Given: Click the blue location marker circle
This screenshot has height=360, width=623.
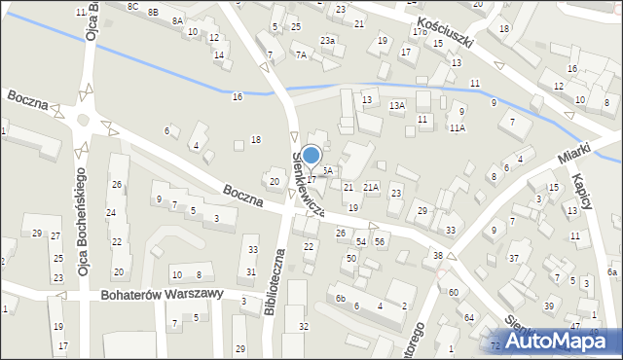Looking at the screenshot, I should [311, 155].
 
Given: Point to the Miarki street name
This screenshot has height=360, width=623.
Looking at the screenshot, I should [577, 154].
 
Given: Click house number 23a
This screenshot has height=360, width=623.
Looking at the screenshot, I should [329, 40].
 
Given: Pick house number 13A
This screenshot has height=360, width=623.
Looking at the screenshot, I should [396, 105].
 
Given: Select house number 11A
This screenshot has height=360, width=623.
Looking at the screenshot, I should [458, 127].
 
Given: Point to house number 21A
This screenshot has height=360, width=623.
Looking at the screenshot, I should [371, 187].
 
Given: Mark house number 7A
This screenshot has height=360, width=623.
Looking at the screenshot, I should [302, 55].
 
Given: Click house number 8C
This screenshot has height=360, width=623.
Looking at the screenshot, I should [132, 6].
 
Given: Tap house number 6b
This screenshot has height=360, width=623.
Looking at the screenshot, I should [341, 298].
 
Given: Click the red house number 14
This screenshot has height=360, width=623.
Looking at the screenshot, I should [220, 54].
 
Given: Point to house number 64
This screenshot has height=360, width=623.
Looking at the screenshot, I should [469, 317].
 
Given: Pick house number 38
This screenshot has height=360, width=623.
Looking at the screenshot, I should [438, 255].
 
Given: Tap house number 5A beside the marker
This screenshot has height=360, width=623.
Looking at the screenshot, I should [328, 170].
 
